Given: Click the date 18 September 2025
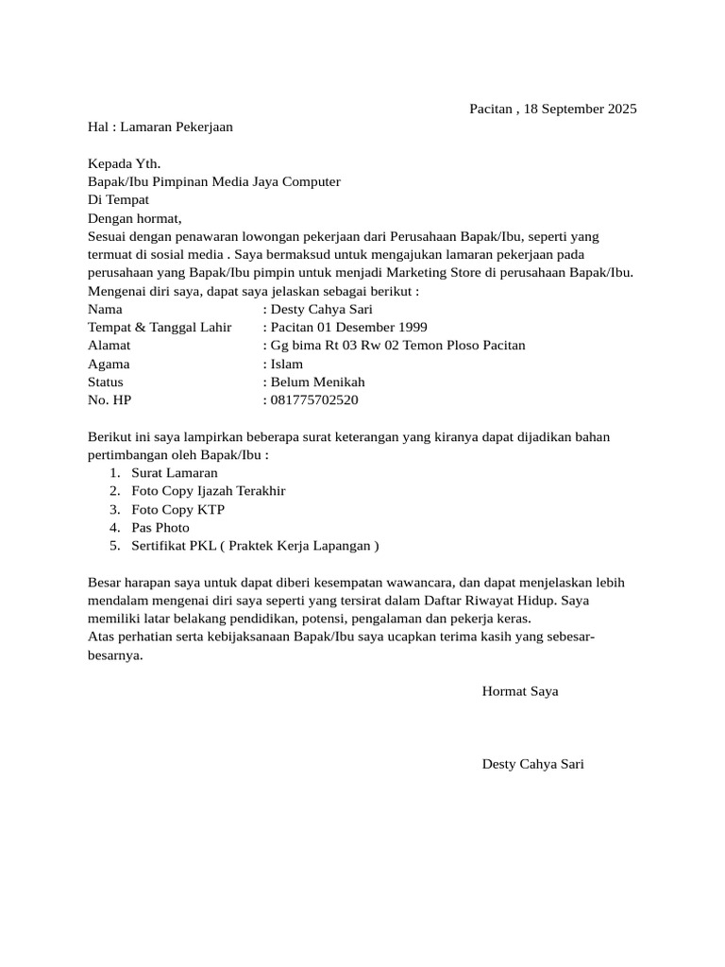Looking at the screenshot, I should pos(582,109).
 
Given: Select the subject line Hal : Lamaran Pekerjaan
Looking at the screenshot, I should pos(160,127).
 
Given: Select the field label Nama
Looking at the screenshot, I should pos(105,309).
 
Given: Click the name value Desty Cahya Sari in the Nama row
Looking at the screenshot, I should pos(321,309).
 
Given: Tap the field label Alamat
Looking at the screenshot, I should pos(109,346).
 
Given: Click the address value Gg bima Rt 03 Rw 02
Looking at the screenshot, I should pos(332,346).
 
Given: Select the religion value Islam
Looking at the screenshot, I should pos(287,364).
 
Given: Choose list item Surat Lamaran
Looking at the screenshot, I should pos(175,473).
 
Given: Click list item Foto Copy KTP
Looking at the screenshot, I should pos(178,509).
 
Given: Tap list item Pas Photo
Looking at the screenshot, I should pos(160,528).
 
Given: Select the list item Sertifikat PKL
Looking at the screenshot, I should pos(173,546).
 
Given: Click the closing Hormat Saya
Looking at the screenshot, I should pos(520,691).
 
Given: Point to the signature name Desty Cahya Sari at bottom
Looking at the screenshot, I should pos(532,764).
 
